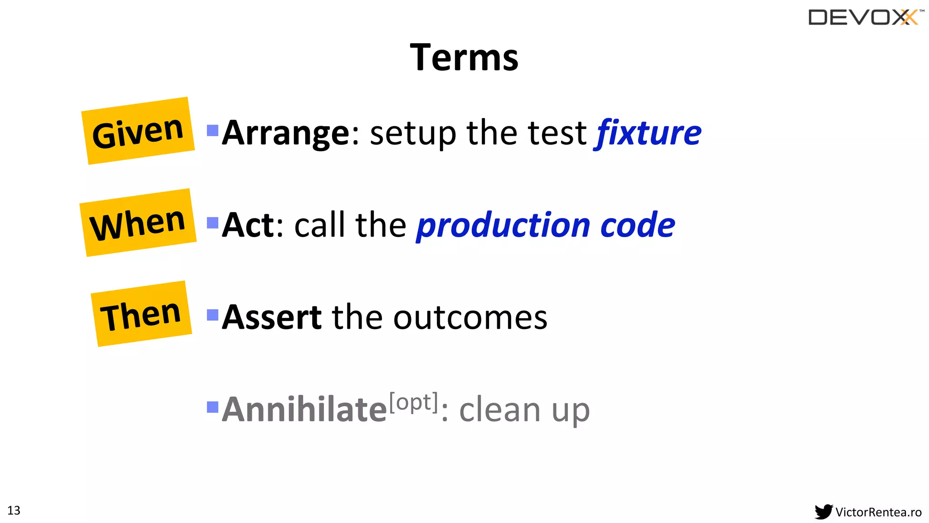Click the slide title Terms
coord(464,58)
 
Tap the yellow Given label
coord(138,131)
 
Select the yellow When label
coord(138,223)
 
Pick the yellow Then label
coord(141,314)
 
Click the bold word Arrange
coord(286,133)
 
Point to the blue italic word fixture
coord(648,133)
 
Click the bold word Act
coord(248,225)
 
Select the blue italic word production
coord(503,226)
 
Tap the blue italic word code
coord(637,226)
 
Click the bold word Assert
coord(272,317)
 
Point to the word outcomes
coord(470,317)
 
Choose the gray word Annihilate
coord(304,410)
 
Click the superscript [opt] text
coord(414,402)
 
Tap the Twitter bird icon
coord(823,512)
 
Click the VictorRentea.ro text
coord(878,512)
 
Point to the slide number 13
coord(14,510)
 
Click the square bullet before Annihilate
coord(212,407)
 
